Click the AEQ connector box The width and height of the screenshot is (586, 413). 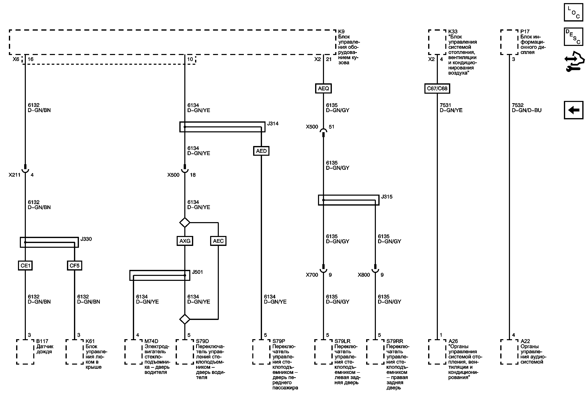click(x=323, y=88)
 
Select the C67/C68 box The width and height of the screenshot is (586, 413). click(x=437, y=88)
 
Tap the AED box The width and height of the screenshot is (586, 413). click(x=261, y=151)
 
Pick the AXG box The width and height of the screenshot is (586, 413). click(x=185, y=241)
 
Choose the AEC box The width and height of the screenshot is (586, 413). click(x=218, y=241)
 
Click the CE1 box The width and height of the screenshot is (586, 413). click(x=25, y=266)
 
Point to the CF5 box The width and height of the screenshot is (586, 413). click(x=75, y=266)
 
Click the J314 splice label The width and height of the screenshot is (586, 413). click(x=273, y=124)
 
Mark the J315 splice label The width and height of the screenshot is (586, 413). click(x=387, y=197)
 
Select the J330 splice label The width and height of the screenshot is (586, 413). click(x=86, y=239)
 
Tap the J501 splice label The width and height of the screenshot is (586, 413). click(x=197, y=272)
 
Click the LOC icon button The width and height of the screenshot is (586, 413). click(x=573, y=12)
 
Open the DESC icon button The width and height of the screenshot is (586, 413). click(x=573, y=37)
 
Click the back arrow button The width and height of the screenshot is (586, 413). click(x=573, y=110)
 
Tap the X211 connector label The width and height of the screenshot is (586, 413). click(x=14, y=175)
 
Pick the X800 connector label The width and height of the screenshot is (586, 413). click(x=363, y=275)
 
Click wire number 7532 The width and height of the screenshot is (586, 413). click(x=518, y=105)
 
